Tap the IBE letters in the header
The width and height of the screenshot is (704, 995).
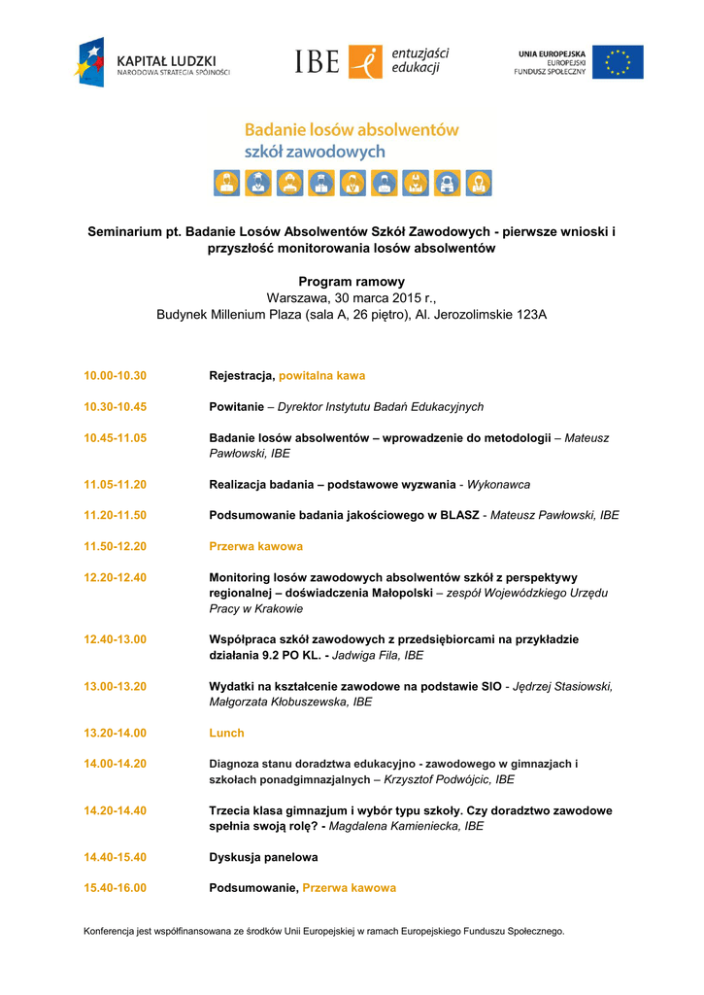(317, 63)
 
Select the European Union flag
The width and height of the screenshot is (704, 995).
(618, 62)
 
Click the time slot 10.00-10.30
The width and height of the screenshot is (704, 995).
(115, 375)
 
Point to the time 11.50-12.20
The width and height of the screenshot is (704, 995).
(115, 546)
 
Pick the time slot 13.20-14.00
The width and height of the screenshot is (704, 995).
(115, 733)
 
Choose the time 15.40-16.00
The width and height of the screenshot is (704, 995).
(115, 888)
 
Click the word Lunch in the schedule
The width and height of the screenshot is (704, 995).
(226, 733)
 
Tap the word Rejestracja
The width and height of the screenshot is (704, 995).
(242, 375)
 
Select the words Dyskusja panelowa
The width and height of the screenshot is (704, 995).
(263, 857)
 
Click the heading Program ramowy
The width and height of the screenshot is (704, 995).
(352, 282)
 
